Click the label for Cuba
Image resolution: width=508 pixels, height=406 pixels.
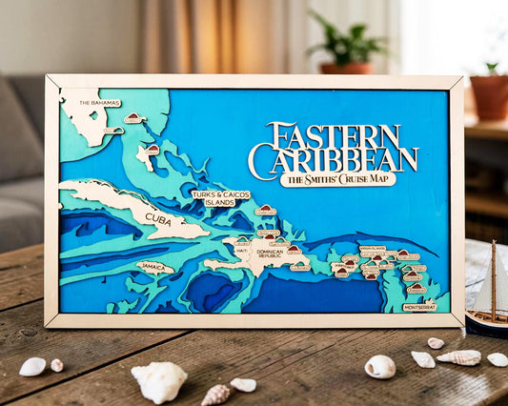(x=158, y=218)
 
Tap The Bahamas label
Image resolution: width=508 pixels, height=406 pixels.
(x=99, y=102)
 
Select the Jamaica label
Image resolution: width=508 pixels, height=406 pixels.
(x=155, y=268)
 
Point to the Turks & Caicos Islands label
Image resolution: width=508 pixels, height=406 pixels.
(x=213, y=198)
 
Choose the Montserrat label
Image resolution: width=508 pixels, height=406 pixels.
(x=419, y=307)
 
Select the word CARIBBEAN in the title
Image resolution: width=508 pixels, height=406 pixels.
(x=333, y=159)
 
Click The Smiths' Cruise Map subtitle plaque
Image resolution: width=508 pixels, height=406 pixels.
(x=338, y=179)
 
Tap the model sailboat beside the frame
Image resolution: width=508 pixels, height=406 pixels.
(x=489, y=291)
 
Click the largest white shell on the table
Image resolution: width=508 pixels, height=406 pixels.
(x=159, y=380)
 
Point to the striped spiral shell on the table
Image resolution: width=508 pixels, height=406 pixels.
(x=459, y=357)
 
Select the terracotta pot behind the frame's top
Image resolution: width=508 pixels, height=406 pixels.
(x=346, y=68)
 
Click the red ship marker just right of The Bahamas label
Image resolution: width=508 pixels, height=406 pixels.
(x=133, y=118)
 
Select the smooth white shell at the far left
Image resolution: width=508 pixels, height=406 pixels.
(x=32, y=366)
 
